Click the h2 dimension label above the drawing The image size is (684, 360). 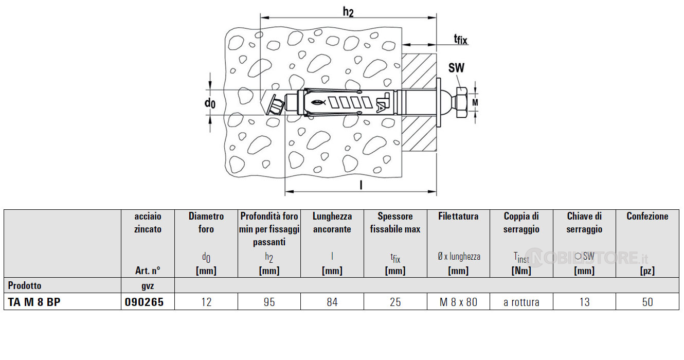click(x=348, y=12)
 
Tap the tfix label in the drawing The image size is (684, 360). click(x=460, y=40)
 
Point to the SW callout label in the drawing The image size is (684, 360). click(x=456, y=67)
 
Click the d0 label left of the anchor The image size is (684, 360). click(x=210, y=103)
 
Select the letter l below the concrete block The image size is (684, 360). click(x=361, y=185)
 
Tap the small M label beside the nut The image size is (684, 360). click(x=475, y=102)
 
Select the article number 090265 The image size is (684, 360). click(x=144, y=302)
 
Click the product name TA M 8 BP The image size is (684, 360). click(x=34, y=302)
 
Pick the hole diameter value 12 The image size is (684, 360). click(x=206, y=302)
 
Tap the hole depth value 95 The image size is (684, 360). click(x=269, y=302)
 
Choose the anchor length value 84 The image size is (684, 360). click(x=332, y=302)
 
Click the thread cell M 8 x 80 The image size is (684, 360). click(x=458, y=302)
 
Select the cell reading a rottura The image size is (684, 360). click(x=521, y=302)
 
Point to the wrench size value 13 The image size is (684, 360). click(x=584, y=302)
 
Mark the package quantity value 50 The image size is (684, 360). click(x=647, y=302)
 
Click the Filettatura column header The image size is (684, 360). click(x=458, y=216)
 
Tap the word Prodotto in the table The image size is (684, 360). click(x=25, y=285)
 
